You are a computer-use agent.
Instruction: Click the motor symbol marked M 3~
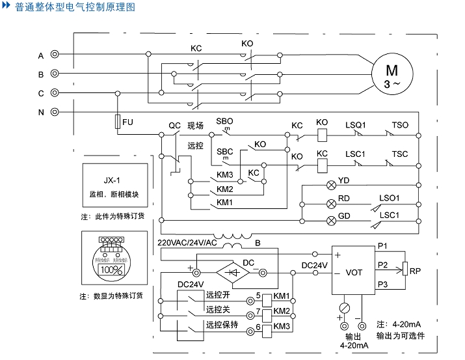(x=391, y=76)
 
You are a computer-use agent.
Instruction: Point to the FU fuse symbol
(x=118, y=122)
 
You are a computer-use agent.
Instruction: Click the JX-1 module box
(x=114, y=186)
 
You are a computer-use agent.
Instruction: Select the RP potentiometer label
(x=416, y=270)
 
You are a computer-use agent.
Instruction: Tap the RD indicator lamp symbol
(x=330, y=202)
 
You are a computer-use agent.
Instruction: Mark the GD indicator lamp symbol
(x=330, y=219)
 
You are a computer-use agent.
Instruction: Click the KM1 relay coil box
(x=267, y=296)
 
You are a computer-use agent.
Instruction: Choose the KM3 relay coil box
(x=267, y=327)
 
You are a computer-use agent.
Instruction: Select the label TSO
(x=400, y=125)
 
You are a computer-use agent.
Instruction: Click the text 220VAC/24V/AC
(x=187, y=243)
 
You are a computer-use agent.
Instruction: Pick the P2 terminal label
(x=382, y=265)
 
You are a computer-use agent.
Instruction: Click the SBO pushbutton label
(x=224, y=122)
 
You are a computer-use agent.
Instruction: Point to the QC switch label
(x=174, y=125)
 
